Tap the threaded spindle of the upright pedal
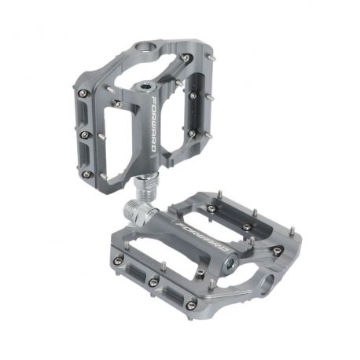point(146,189)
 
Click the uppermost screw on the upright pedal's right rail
point(186,59)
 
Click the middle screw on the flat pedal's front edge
point(154,281)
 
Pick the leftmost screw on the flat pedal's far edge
point(211,208)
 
